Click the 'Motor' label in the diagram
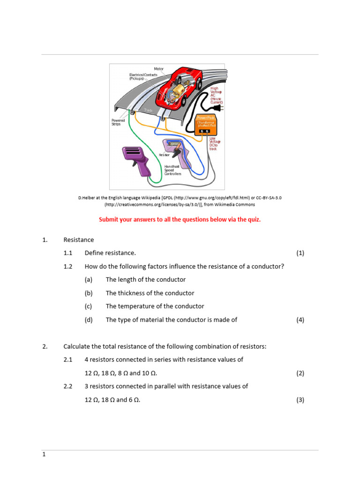[159, 69]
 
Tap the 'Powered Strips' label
[118, 122]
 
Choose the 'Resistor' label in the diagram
[164, 154]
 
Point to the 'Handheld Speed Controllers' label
[172, 170]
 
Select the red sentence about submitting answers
[180, 219]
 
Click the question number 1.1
[68, 253]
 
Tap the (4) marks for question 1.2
[300, 320]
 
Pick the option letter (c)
[89, 306]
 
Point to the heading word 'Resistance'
[79, 240]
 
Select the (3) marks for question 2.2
[300, 400]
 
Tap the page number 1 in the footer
[44, 455]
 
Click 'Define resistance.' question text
[110, 253]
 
